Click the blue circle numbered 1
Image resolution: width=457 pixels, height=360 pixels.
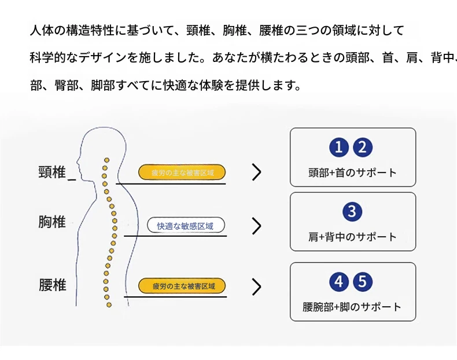click(x=339, y=148)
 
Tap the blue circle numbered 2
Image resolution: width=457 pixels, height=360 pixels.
click(x=363, y=148)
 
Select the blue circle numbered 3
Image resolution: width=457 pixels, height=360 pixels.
click(x=352, y=212)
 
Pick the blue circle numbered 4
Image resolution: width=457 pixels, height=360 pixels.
click(x=339, y=282)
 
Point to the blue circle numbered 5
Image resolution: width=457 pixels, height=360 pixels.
click(x=363, y=282)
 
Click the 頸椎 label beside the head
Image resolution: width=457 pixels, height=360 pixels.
click(x=52, y=172)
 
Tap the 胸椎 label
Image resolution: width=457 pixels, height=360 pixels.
click(x=52, y=222)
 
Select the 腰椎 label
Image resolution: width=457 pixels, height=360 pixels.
click(x=53, y=285)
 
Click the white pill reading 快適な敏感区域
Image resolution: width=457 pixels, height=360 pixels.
click(x=186, y=226)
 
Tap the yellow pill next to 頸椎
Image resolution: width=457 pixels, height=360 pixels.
click(x=182, y=172)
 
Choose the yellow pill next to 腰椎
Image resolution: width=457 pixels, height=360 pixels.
click(x=182, y=286)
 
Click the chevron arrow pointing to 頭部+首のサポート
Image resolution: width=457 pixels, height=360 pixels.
click(x=256, y=172)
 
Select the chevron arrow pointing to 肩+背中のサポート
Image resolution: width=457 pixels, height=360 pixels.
click(x=256, y=226)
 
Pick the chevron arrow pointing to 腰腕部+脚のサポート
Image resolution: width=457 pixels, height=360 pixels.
click(x=256, y=287)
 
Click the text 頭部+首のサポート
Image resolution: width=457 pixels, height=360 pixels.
click(x=353, y=172)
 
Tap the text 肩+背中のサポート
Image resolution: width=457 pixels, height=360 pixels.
click(x=353, y=237)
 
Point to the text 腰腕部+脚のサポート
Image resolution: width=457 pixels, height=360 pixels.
click(x=352, y=307)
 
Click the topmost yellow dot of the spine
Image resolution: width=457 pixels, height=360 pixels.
click(x=107, y=160)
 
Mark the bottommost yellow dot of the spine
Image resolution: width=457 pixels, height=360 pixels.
click(x=109, y=305)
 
